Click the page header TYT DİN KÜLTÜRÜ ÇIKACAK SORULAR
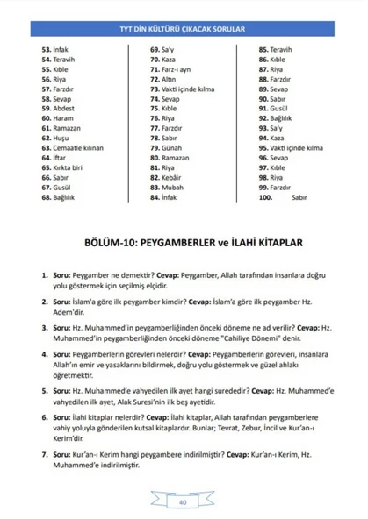pyautogui.click(x=184, y=28)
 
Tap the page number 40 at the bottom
pyautogui.click(x=183, y=503)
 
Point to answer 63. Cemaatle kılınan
pyautogui.click(x=76, y=147)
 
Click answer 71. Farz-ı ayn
pyautogui.click(x=171, y=70)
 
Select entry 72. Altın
pyautogui.click(x=164, y=80)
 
